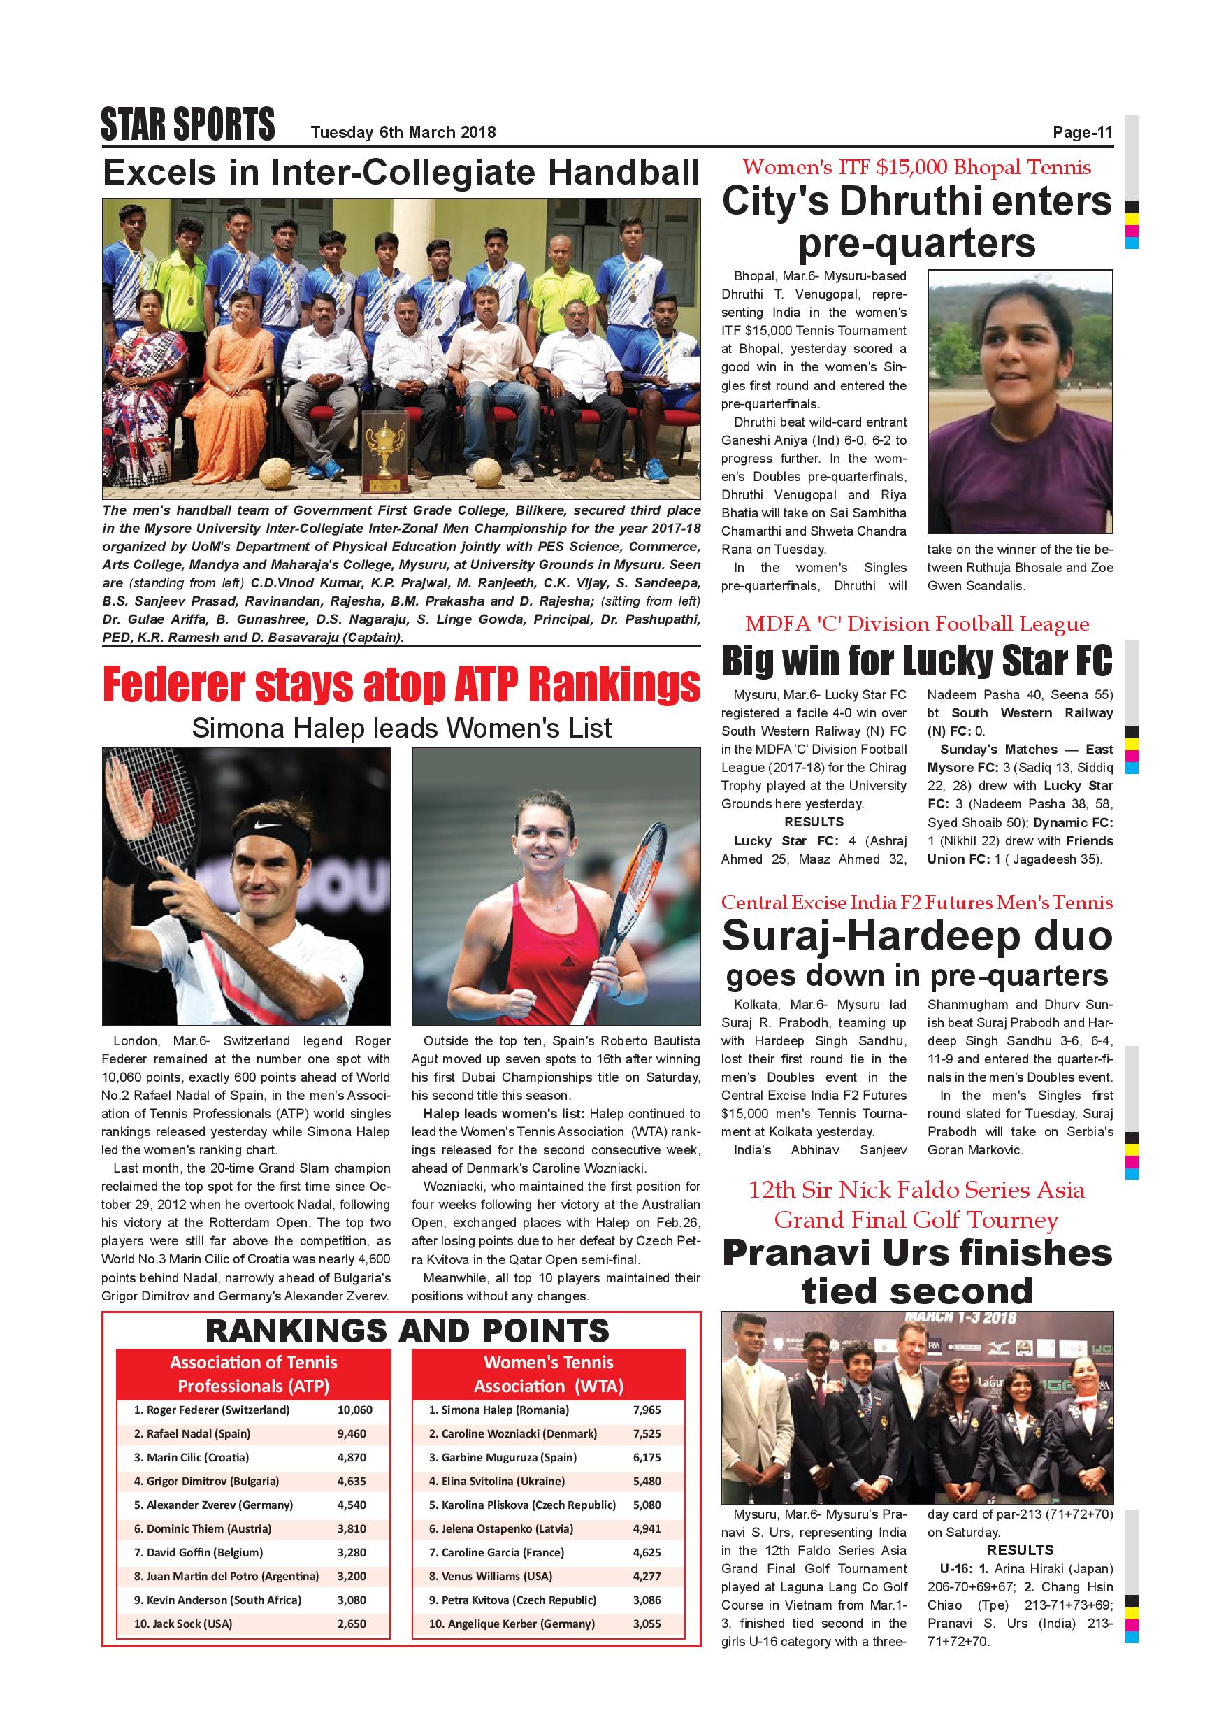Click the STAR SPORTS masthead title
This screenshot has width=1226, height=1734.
click(187, 124)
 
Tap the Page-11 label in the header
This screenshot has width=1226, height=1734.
click(1083, 132)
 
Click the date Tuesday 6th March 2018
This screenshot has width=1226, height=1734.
click(403, 132)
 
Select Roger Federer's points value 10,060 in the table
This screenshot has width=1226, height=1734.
click(355, 1410)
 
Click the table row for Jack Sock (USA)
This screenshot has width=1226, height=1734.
click(253, 1623)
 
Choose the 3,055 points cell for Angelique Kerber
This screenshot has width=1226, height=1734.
click(647, 1623)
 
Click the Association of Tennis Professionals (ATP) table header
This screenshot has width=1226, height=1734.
click(253, 1374)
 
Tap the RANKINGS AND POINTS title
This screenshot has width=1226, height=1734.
click(407, 1331)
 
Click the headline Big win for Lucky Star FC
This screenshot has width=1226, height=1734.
click(916, 661)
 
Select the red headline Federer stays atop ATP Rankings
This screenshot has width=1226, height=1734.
click(401, 685)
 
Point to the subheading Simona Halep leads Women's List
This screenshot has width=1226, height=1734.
click(401, 728)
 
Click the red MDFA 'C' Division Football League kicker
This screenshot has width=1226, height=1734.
click(916, 624)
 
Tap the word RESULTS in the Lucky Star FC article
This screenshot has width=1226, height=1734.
click(814, 822)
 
